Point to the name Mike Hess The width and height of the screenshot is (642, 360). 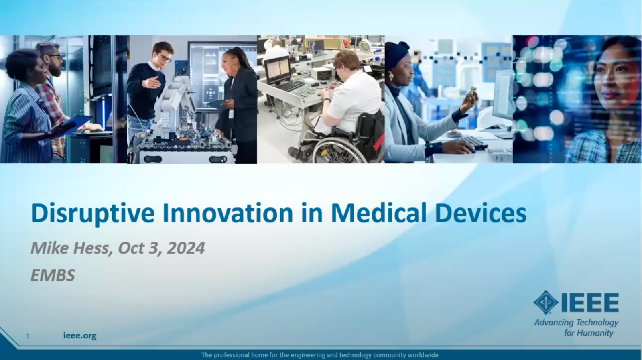pos(70,248)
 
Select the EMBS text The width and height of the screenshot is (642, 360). pos(53,275)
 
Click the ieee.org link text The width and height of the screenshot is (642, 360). pos(80,336)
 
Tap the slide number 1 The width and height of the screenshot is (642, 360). pos(28,336)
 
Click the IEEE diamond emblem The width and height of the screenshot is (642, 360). pos(545,303)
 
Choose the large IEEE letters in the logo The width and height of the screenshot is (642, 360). pos(589,303)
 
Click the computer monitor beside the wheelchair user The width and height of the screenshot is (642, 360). pos(277,70)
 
